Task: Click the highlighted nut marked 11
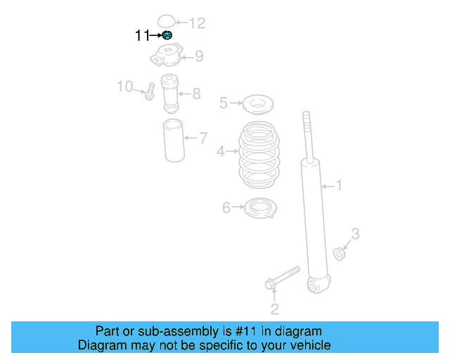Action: click(x=167, y=35)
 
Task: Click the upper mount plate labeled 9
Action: click(x=167, y=56)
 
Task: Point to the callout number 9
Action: click(x=199, y=56)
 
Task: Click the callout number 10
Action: click(x=124, y=86)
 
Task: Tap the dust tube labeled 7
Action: click(x=174, y=141)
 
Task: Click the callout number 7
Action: click(x=203, y=138)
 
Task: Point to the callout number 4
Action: click(x=220, y=151)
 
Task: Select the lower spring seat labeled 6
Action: click(x=259, y=208)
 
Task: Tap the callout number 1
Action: click(x=338, y=186)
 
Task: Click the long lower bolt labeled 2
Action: click(x=281, y=277)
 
